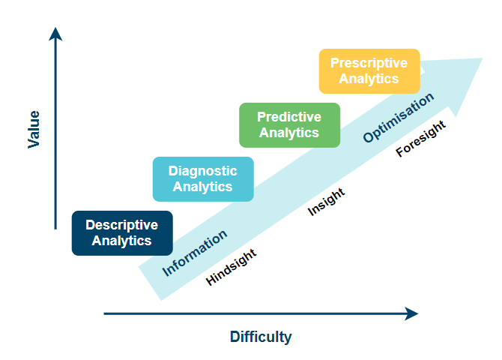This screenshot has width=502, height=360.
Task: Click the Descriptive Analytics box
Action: (x=122, y=233)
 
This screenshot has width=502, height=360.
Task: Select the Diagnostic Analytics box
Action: (x=203, y=179)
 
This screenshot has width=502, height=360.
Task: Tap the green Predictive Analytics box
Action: (x=289, y=125)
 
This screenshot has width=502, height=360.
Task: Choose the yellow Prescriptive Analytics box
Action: (x=369, y=71)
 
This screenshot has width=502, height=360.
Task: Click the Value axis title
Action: (x=34, y=130)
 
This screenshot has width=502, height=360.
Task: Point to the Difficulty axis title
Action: (x=261, y=337)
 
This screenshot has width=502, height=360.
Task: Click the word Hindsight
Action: (x=231, y=267)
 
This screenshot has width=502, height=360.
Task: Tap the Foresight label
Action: (x=420, y=139)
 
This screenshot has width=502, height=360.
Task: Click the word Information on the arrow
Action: (x=195, y=253)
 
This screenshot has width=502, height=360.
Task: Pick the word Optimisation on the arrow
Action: (x=399, y=118)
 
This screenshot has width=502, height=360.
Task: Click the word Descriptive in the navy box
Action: (x=122, y=225)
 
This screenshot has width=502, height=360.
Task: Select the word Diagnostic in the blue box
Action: (x=203, y=171)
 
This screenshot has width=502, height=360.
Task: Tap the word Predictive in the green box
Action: (x=289, y=117)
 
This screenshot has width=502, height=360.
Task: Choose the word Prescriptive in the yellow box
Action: (x=369, y=63)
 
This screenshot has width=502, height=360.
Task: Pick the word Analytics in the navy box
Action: (x=122, y=241)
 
